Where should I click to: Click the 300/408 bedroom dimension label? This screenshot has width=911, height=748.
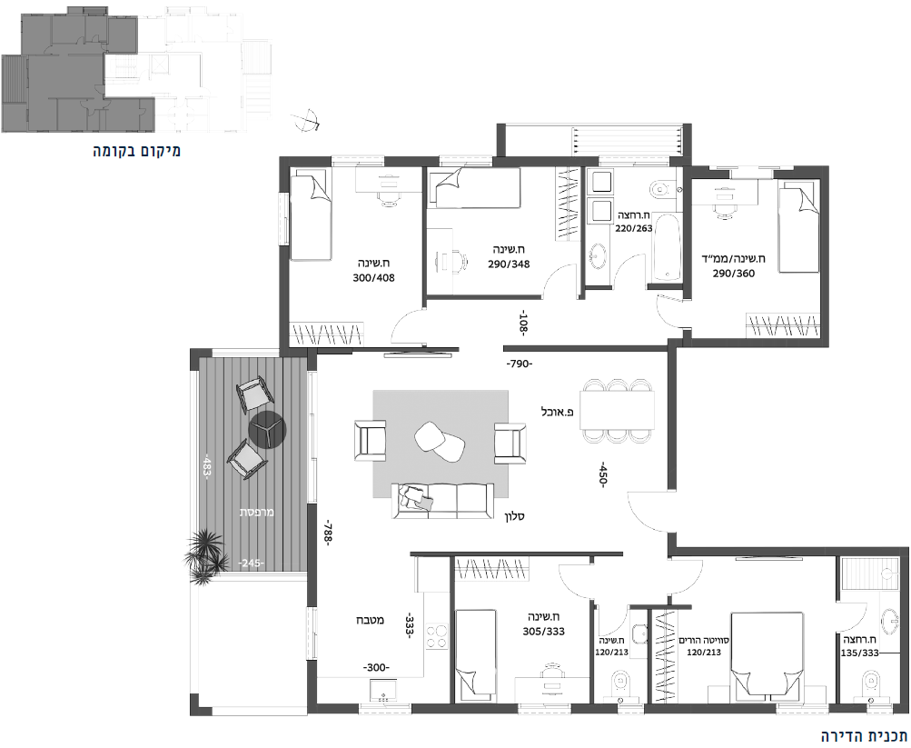pyautogui.click(x=373, y=278)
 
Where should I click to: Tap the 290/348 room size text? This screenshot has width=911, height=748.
pyautogui.click(x=509, y=264)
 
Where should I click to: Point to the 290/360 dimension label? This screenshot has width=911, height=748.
pyautogui.click(x=734, y=273)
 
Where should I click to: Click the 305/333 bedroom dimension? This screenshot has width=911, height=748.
pyautogui.click(x=543, y=632)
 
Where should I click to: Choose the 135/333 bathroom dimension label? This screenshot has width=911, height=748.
pyautogui.click(x=860, y=653)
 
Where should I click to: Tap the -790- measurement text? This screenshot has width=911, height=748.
pyautogui.click(x=519, y=364)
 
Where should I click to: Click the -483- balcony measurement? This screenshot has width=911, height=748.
pyautogui.click(x=205, y=466)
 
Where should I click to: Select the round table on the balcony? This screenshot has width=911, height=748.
pyautogui.click(x=268, y=430)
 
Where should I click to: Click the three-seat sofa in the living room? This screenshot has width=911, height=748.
pyautogui.click(x=442, y=501)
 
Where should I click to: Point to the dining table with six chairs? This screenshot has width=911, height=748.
pyautogui.click(x=617, y=411)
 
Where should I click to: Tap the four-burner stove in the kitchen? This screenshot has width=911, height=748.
pyautogui.click(x=437, y=636)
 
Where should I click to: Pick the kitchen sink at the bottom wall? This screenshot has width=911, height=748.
pyautogui.click(x=383, y=690)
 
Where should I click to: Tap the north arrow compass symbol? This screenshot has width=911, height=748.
pyautogui.click(x=306, y=120)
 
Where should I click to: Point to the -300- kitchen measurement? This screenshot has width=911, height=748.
pyautogui.click(x=376, y=668)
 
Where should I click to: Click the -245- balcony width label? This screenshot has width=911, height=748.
pyautogui.click(x=251, y=563)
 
